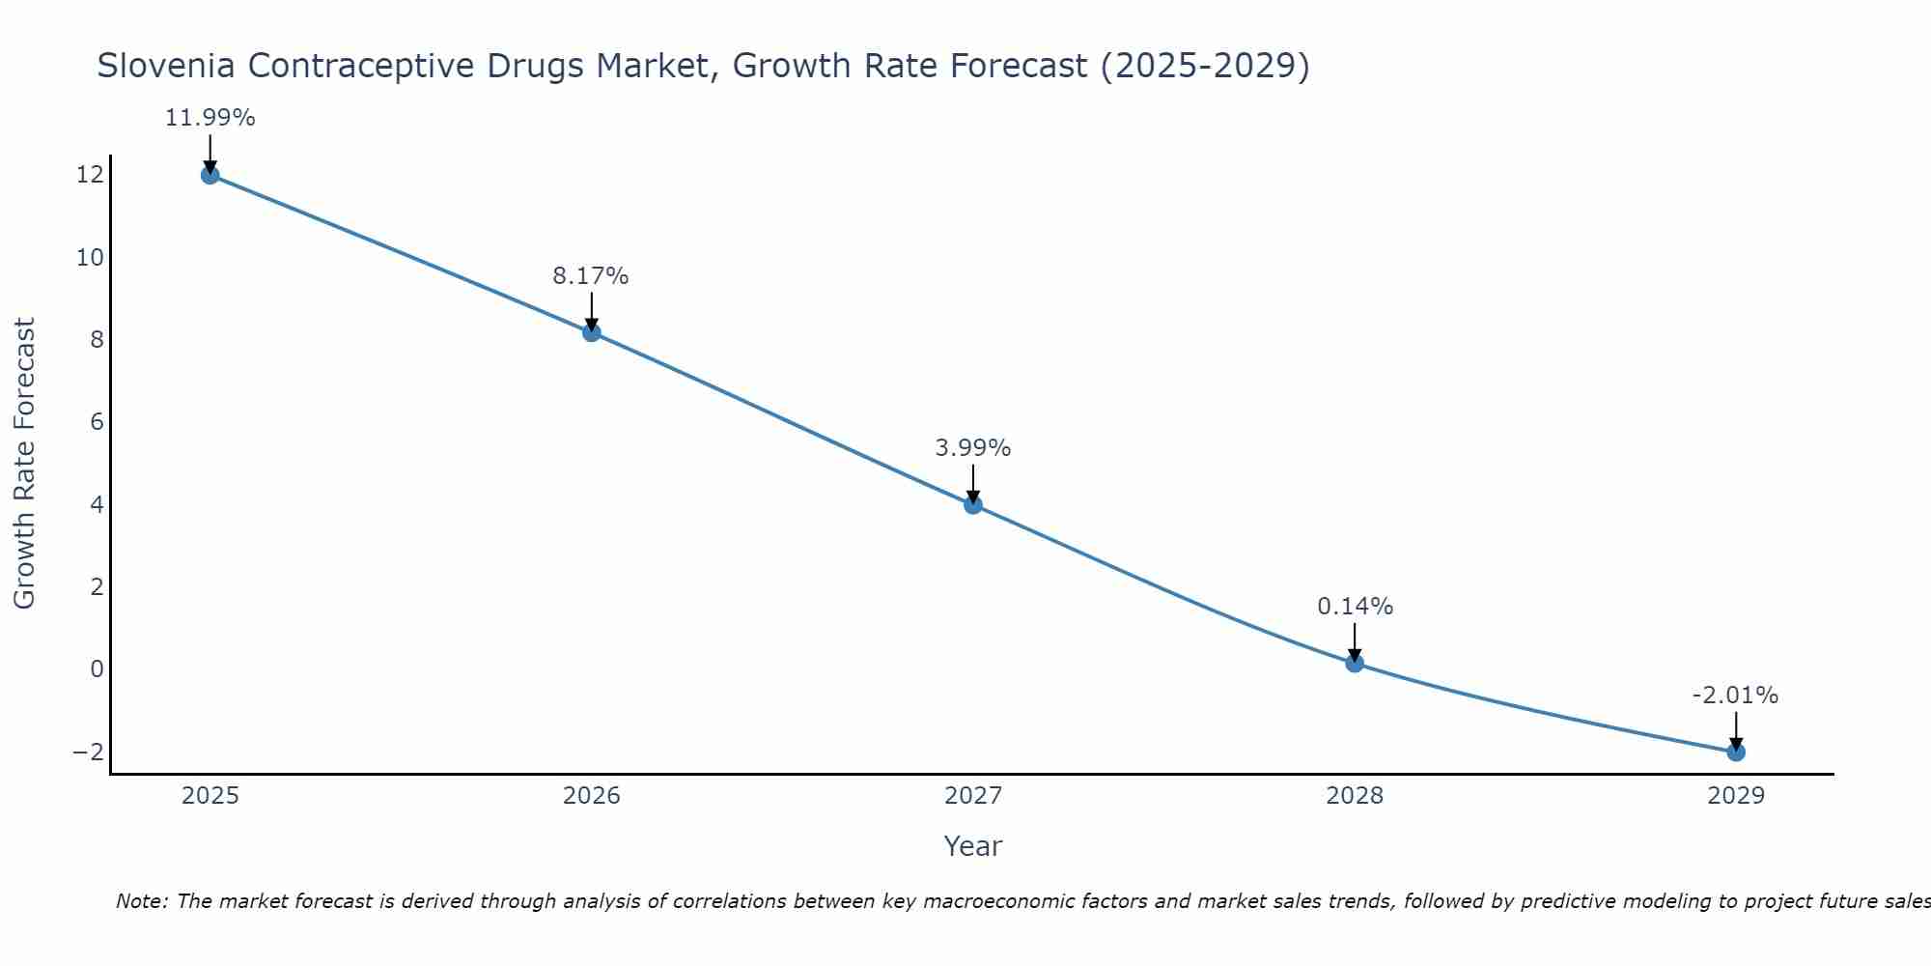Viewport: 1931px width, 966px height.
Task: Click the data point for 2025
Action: point(210,175)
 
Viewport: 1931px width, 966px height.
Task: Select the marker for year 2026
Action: point(592,332)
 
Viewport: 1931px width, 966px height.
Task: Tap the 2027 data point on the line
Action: point(973,504)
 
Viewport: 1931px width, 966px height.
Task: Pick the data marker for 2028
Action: point(1355,663)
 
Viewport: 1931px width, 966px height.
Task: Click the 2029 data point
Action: point(1736,752)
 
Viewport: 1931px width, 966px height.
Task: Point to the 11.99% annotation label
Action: point(210,118)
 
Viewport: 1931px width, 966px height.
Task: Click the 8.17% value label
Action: point(591,276)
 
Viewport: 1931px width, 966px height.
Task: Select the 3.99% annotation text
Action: point(973,448)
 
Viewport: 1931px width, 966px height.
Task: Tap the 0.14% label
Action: point(1355,607)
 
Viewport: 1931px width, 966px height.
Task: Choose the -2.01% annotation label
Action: point(1735,696)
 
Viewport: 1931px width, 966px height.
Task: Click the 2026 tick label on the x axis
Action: point(592,796)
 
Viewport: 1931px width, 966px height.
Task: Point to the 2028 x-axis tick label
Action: point(1355,796)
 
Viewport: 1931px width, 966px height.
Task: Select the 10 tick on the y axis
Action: point(90,258)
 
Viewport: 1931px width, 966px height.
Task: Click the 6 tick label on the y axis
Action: point(97,422)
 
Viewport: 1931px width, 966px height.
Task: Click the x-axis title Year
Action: point(973,846)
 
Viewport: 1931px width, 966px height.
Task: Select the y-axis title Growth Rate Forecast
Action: point(24,464)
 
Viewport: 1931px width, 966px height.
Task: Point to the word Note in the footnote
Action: point(141,901)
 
